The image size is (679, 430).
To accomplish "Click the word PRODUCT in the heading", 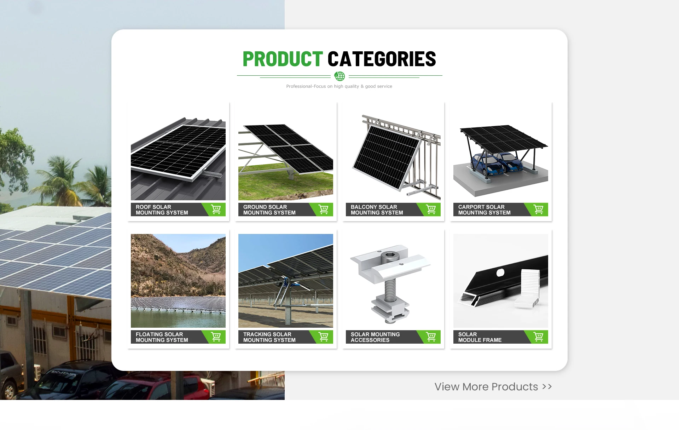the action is (x=283, y=59).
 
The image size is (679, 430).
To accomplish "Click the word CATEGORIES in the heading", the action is (x=382, y=59).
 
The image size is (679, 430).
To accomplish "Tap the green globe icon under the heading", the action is (x=339, y=76).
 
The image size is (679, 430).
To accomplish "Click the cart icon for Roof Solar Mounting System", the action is (x=216, y=210).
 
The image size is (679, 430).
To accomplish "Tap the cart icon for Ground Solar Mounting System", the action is (x=323, y=210).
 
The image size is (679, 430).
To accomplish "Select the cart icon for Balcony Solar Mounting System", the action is (x=431, y=210).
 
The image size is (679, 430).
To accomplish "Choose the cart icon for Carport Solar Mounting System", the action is (x=538, y=210).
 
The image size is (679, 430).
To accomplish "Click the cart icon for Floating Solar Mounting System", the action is (x=216, y=337).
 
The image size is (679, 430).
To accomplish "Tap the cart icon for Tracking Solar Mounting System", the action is (x=323, y=337).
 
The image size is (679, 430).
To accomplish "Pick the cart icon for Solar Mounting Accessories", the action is (x=431, y=337).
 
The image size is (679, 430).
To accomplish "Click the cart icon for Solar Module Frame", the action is (x=538, y=337).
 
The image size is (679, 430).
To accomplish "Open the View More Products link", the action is (x=493, y=387).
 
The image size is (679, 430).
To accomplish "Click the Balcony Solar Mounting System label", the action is (x=377, y=210).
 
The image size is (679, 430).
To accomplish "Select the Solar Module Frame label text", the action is (x=480, y=337).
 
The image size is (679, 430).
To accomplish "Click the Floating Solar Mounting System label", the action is (x=162, y=337).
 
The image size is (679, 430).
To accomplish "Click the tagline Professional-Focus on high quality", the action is (x=339, y=86).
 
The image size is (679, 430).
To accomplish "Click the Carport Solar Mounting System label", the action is (x=484, y=210).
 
